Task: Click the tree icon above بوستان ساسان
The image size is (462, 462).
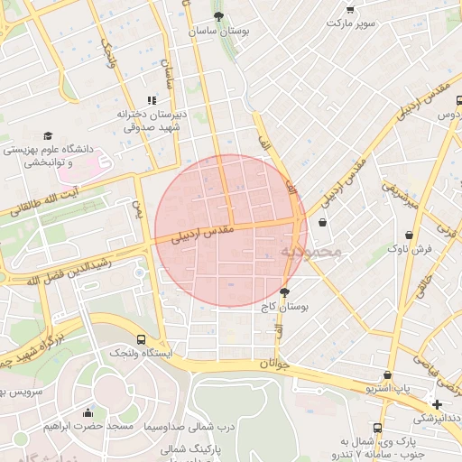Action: tap(218, 16)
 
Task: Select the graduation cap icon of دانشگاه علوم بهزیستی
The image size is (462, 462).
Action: tap(48, 134)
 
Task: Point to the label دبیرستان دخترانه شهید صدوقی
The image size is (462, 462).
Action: tap(151, 121)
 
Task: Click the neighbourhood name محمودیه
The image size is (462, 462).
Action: tap(310, 250)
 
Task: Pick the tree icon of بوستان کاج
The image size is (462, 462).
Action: tap(285, 292)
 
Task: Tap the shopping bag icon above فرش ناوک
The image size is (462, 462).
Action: tap(410, 234)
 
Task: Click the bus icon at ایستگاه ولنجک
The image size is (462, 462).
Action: tap(140, 340)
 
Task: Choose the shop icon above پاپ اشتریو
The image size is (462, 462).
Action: tap(387, 374)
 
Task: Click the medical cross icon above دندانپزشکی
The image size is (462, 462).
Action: tap(438, 404)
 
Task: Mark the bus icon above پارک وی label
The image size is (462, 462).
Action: tap(376, 427)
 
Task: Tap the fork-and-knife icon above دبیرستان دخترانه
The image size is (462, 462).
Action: tap(152, 100)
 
